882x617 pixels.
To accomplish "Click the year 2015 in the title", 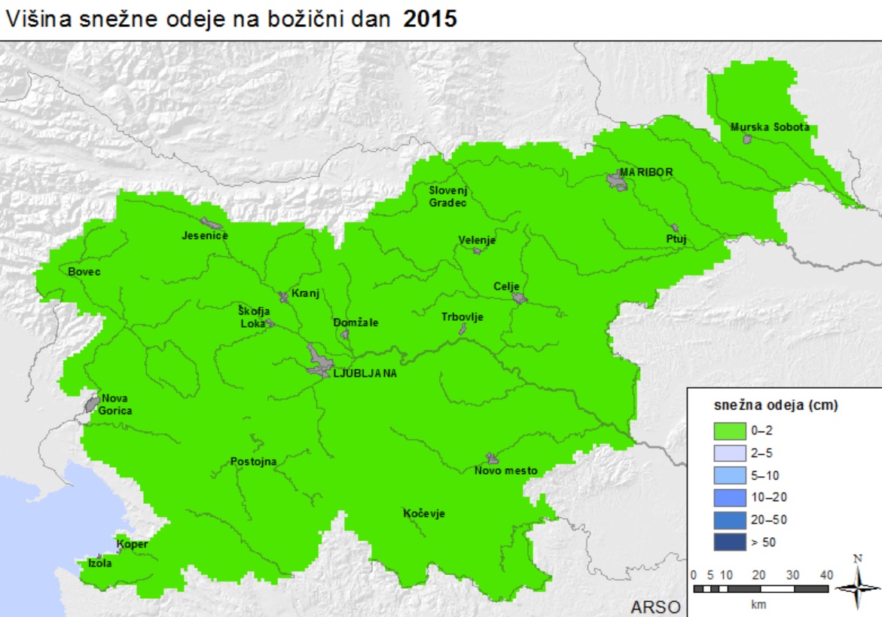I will (x=430, y=19).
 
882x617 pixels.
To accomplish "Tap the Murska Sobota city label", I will (x=770, y=127).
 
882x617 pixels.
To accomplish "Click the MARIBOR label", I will (x=645, y=173).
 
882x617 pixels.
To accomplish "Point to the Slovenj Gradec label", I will (x=448, y=197).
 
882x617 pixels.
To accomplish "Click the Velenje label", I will (x=477, y=240).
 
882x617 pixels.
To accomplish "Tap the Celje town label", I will (x=507, y=286).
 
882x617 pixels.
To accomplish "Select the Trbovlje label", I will (x=462, y=317).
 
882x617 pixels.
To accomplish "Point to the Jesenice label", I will (x=204, y=236).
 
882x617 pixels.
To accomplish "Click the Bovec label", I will (x=84, y=272).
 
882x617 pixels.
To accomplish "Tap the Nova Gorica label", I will (x=116, y=405).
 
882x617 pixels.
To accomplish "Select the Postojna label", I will (x=254, y=462).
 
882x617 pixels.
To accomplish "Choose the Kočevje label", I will (x=424, y=514).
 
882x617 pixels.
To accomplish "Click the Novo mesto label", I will (x=505, y=471).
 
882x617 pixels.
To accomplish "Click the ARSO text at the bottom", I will (x=655, y=607).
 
